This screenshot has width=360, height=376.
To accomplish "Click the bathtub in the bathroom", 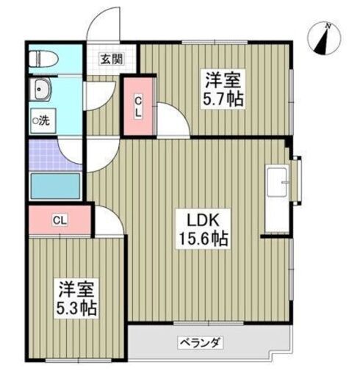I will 54,187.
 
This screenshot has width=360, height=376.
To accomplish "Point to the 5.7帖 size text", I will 225,98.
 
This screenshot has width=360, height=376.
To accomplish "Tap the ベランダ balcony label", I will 201,342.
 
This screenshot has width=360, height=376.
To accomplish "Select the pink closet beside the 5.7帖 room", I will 137,106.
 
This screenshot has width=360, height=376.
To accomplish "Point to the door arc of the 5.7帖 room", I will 172,120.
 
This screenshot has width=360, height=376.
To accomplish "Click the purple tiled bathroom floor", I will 46,153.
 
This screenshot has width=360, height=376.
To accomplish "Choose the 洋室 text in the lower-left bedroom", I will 75,287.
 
